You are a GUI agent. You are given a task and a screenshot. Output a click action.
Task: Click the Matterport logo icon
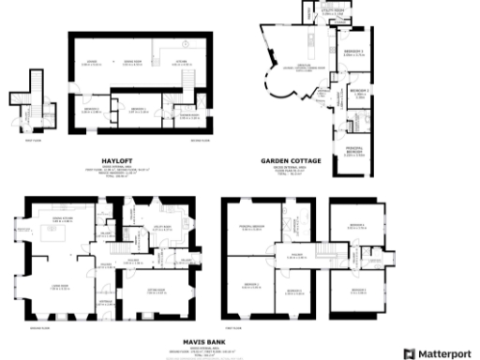[408, 353]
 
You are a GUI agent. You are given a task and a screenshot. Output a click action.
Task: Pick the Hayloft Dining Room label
[137, 62]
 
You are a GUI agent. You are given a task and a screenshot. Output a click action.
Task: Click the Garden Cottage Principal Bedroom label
[354, 152]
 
